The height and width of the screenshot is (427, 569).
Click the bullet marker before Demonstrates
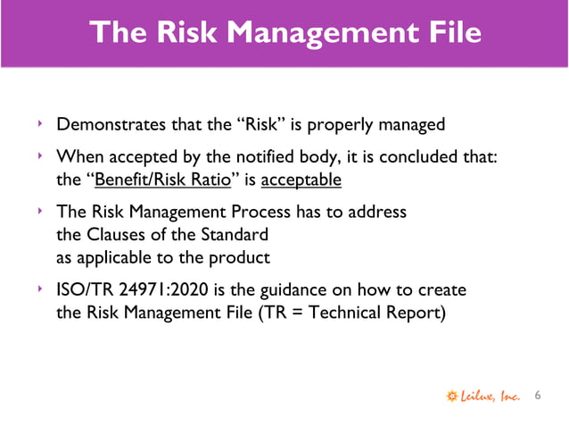point(40,123)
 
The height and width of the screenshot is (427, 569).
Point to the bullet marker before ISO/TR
point(40,291)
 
